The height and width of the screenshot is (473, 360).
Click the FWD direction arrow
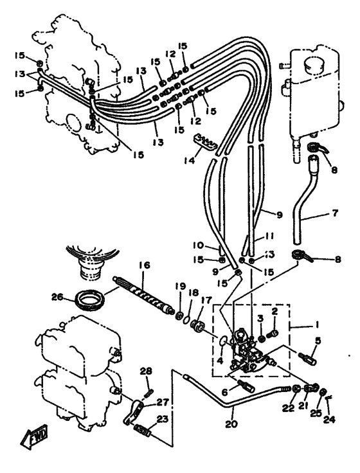point(34,438)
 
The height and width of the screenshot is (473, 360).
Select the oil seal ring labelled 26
point(91,299)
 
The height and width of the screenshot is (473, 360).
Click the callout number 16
point(144,265)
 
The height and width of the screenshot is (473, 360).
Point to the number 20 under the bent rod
point(231,424)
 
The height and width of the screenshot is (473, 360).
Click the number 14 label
point(188,160)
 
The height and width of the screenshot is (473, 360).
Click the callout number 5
point(318,341)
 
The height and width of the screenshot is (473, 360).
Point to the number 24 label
point(329,419)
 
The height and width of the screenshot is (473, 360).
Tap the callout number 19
point(181,287)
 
